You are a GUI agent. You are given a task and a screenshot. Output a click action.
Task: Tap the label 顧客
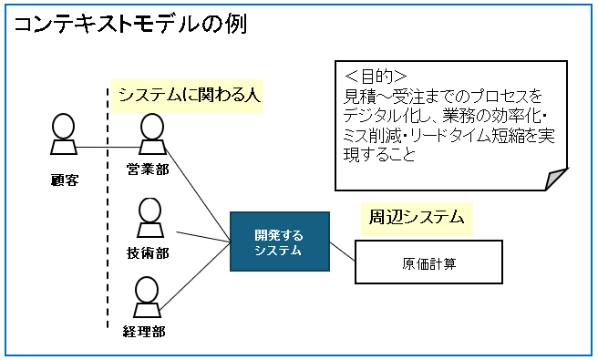tap(64, 180)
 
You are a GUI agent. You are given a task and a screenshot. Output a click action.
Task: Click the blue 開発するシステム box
tap(278, 242)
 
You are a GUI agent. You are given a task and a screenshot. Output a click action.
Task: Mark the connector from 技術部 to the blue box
tap(202, 237)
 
